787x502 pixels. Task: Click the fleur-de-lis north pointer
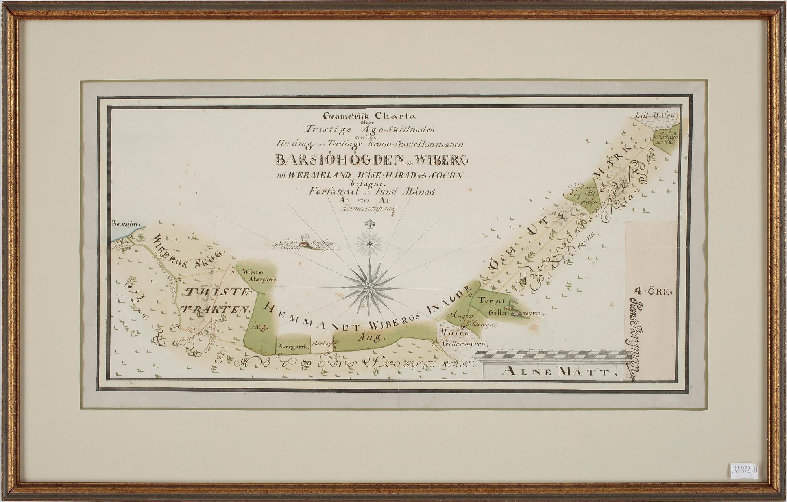(369, 226)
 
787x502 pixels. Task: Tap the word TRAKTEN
(217, 309)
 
